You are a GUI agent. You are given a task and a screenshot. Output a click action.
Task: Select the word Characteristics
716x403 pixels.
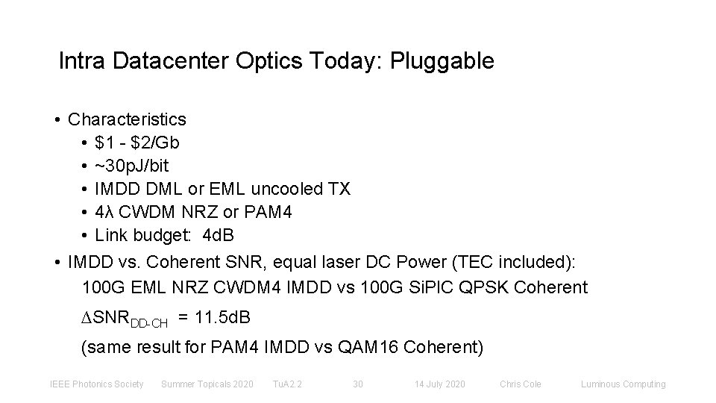click(127, 119)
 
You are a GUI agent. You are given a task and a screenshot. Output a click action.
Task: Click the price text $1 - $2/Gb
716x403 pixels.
click(137, 143)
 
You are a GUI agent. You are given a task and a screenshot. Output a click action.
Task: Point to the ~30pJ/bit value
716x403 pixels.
click(133, 166)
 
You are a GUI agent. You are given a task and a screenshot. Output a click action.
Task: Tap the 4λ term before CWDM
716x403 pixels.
click(105, 212)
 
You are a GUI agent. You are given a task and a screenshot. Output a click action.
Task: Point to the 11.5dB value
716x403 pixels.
click(222, 319)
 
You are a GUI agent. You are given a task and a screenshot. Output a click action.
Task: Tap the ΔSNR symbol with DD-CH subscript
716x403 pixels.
click(123, 320)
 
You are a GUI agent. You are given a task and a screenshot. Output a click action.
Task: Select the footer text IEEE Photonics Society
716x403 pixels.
click(96, 384)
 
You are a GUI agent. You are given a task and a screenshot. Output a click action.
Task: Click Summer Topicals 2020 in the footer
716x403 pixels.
click(207, 384)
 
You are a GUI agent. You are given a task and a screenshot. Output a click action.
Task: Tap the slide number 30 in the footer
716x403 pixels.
click(357, 384)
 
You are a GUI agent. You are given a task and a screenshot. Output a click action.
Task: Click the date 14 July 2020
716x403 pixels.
click(440, 384)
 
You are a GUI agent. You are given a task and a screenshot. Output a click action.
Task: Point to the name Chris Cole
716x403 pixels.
click(521, 384)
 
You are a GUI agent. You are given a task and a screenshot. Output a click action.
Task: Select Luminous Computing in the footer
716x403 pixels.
click(624, 384)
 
